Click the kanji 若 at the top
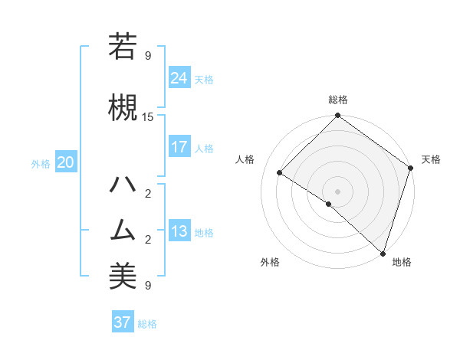(x=123, y=46)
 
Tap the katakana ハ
(x=123, y=185)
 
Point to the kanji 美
(x=123, y=277)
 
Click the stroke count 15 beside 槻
(x=148, y=117)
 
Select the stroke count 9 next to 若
(x=148, y=56)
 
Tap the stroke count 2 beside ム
(x=148, y=240)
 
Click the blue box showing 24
(x=179, y=78)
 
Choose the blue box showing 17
(x=179, y=147)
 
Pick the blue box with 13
(x=179, y=231)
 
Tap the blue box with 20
(x=66, y=162)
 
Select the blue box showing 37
(x=122, y=322)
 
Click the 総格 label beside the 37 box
(x=147, y=324)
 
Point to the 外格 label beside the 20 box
(x=41, y=163)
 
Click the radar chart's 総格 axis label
(x=337, y=100)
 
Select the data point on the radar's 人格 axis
(x=280, y=172)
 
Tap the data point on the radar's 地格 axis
(x=383, y=253)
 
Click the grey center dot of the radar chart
(x=337, y=191)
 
